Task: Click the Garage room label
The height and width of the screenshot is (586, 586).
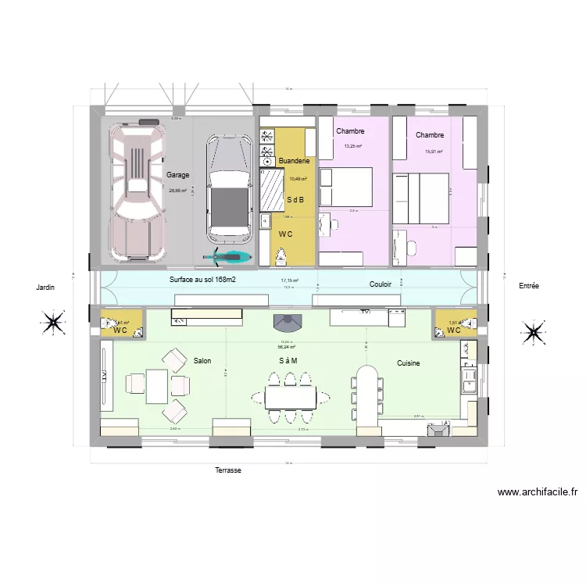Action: (177, 175)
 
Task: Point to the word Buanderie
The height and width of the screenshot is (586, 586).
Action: (295, 161)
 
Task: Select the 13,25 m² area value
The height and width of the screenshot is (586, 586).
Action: (353, 146)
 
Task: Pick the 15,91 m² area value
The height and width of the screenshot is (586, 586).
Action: (434, 152)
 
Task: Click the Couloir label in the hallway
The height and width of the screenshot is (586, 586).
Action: (381, 284)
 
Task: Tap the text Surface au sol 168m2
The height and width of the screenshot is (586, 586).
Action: (203, 279)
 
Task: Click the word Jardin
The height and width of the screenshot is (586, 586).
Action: (45, 288)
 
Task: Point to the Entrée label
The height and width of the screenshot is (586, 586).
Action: (529, 287)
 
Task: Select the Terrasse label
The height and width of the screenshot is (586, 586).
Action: (228, 471)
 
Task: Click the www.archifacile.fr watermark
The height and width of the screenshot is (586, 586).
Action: (538, 492)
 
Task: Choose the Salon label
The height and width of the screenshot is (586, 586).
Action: (202, 361)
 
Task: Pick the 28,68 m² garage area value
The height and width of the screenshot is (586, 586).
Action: (177, 190)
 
